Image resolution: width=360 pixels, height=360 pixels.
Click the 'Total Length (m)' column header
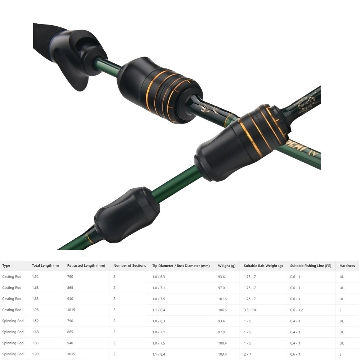click(45, 265)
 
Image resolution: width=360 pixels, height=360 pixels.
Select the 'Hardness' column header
click(347, 266)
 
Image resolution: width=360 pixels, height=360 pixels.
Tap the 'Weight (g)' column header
click(226, 266)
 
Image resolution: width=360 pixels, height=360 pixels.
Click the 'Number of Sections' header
click(130, 265)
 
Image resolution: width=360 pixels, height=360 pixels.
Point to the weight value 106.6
click(222, 310)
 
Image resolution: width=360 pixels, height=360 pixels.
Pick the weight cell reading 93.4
click(221, 321)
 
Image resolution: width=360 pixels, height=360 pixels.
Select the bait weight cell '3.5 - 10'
click(250, 310)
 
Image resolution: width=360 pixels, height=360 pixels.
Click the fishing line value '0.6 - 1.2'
click(297, 310)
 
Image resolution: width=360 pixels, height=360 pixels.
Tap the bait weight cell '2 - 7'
click(248, 354)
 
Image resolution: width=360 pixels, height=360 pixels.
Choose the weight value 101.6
click(222, 299)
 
